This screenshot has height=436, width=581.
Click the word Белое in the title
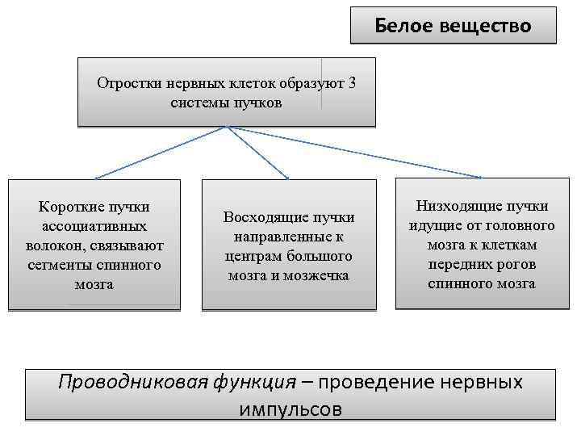(403, 26)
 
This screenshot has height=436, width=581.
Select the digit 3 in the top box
(352, 83)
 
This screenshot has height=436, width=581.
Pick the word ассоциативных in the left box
(94, 227)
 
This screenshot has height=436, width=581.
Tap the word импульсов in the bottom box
(290, 409)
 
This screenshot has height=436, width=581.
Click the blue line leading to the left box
(161, 153)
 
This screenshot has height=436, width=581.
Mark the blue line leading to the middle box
(258, 153)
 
